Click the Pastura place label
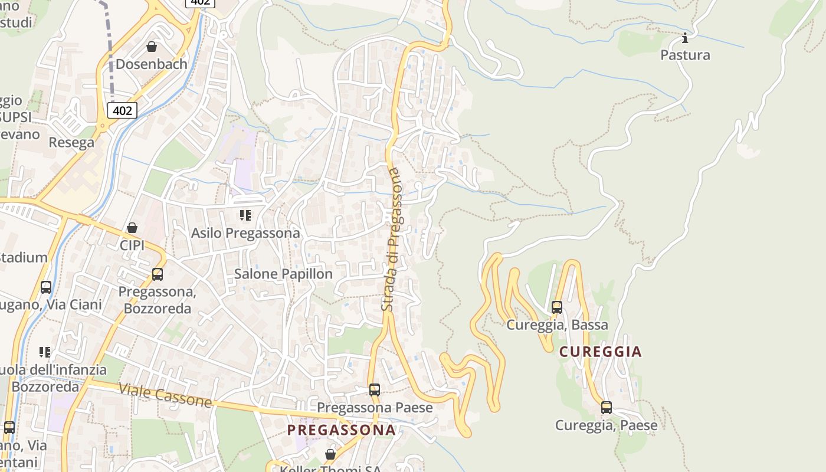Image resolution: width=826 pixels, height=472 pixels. pos(685,55)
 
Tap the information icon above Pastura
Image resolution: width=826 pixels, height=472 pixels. pos(685,38)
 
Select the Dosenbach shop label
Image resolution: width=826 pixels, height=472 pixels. pos(152,64)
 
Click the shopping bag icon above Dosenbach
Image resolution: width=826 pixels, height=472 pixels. pos(152,46)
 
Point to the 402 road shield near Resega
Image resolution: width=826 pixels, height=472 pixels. pos(122,110)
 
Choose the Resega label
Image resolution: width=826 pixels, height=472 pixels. pos(71,142)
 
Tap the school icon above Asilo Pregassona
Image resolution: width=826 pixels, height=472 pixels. pos(245,215)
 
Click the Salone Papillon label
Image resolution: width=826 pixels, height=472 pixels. pos(283,274)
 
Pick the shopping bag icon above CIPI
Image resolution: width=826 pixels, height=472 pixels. pos(132,228)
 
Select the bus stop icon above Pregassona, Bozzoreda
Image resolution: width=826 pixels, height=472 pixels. pos(157,274)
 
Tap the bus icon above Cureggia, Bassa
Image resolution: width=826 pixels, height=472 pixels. pos(556,307)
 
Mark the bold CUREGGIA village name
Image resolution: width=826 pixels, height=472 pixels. pos(600,352)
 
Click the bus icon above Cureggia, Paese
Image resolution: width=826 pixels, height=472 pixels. pos(606,407)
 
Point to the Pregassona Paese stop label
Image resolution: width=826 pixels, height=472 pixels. pos(375,408)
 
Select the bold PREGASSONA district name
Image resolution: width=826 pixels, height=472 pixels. pos(341,430)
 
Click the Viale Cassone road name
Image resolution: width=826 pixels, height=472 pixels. pos(165,395)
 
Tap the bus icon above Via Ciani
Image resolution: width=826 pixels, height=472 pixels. pos(46,287)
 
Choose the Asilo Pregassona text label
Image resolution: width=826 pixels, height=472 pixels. pos(245,233)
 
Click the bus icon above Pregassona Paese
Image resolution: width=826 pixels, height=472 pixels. pos(375,389)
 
